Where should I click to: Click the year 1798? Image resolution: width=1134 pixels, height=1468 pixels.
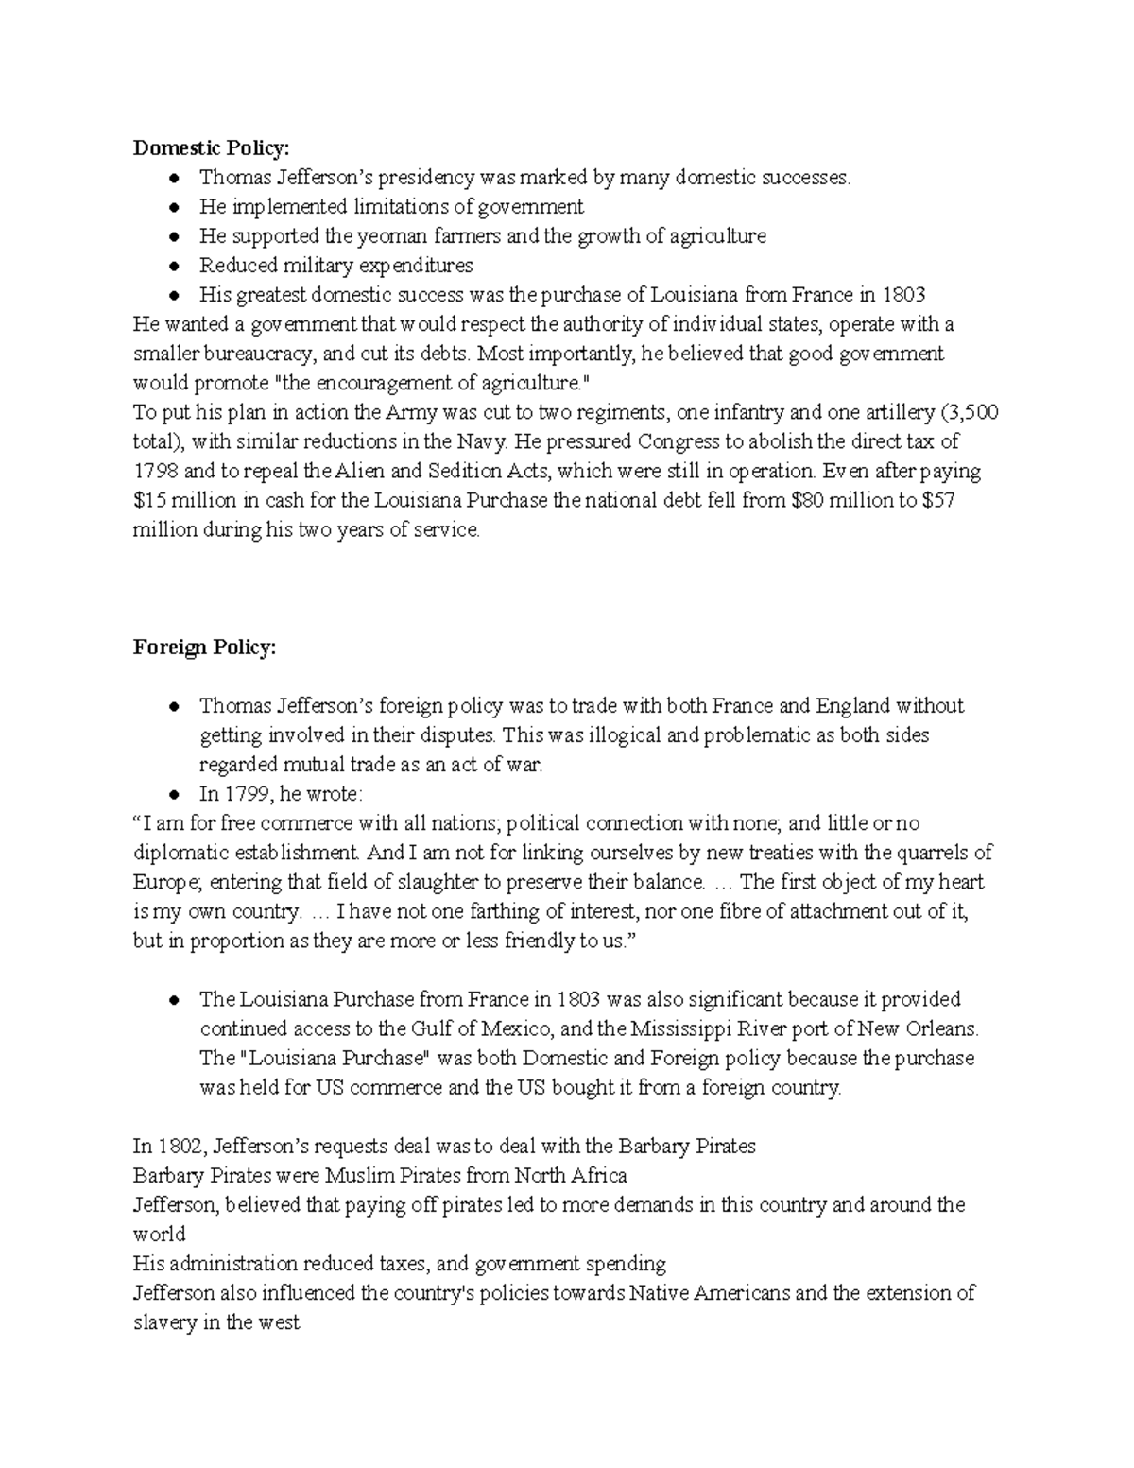point(155,471)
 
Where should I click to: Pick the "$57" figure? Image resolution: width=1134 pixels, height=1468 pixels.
point(937,500)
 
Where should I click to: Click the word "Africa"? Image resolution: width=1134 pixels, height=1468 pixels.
point(598,1176)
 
